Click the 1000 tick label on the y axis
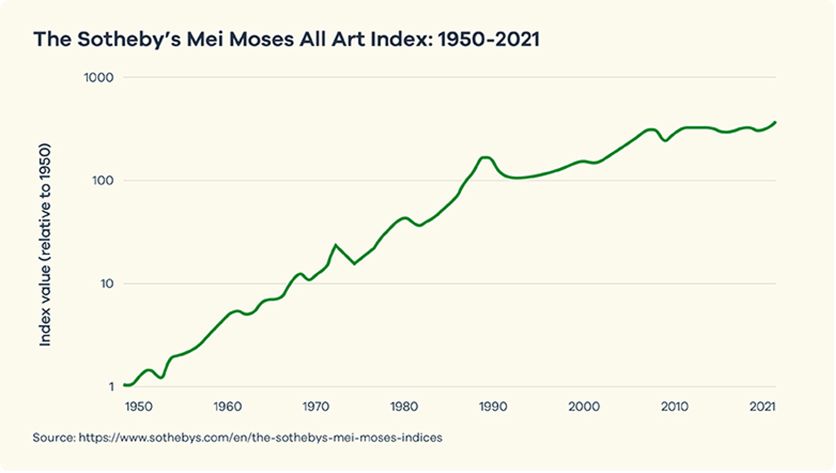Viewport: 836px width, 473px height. click(99, 78)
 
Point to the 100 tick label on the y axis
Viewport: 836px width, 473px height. click(103, 181)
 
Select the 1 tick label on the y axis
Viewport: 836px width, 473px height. click(111, 387)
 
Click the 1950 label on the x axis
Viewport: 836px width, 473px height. click(139, 407)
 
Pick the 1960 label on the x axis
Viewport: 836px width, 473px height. click(228, 407)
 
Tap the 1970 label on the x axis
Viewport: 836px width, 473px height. click(316, 407)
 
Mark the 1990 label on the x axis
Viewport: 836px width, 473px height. click(493, 407)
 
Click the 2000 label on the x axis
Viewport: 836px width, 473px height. click(584, 407)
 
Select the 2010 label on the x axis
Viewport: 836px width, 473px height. click(675, 407)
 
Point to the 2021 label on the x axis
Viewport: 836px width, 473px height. click(763, 407)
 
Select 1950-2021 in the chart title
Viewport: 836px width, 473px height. click(489, 39)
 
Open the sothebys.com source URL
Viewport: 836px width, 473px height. click(260, 438)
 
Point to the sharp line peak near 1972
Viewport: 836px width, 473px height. click(336, 245)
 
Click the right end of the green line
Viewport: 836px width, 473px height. click(775, 122)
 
